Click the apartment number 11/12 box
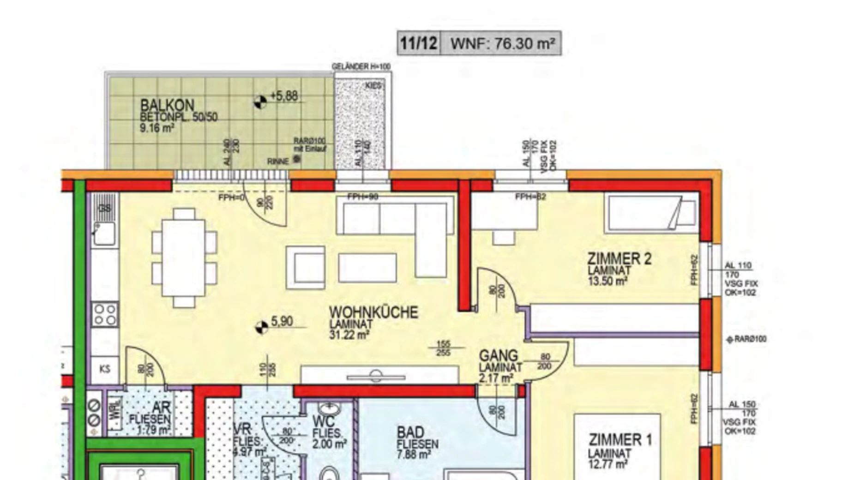coord(419,43)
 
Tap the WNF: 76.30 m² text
coord(502,43)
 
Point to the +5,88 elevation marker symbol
coord(260,102)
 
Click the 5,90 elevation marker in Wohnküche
coord(262,327)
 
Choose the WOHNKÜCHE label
coord(373,312)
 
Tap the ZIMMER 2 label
coord(619,259)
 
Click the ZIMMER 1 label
coord(620,440)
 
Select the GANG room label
coord(499,356)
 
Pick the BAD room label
coord(410,432)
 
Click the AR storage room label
coord(161,408)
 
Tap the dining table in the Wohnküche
coord(184,258)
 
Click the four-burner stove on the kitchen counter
coord(105,314)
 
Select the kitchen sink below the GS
coord(104,234)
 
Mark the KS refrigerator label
coord(105,369)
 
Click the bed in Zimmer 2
coord(651,213)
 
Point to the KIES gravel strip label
coord(373,86)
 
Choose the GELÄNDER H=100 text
coord(361,67)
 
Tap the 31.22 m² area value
coord(349,335)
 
